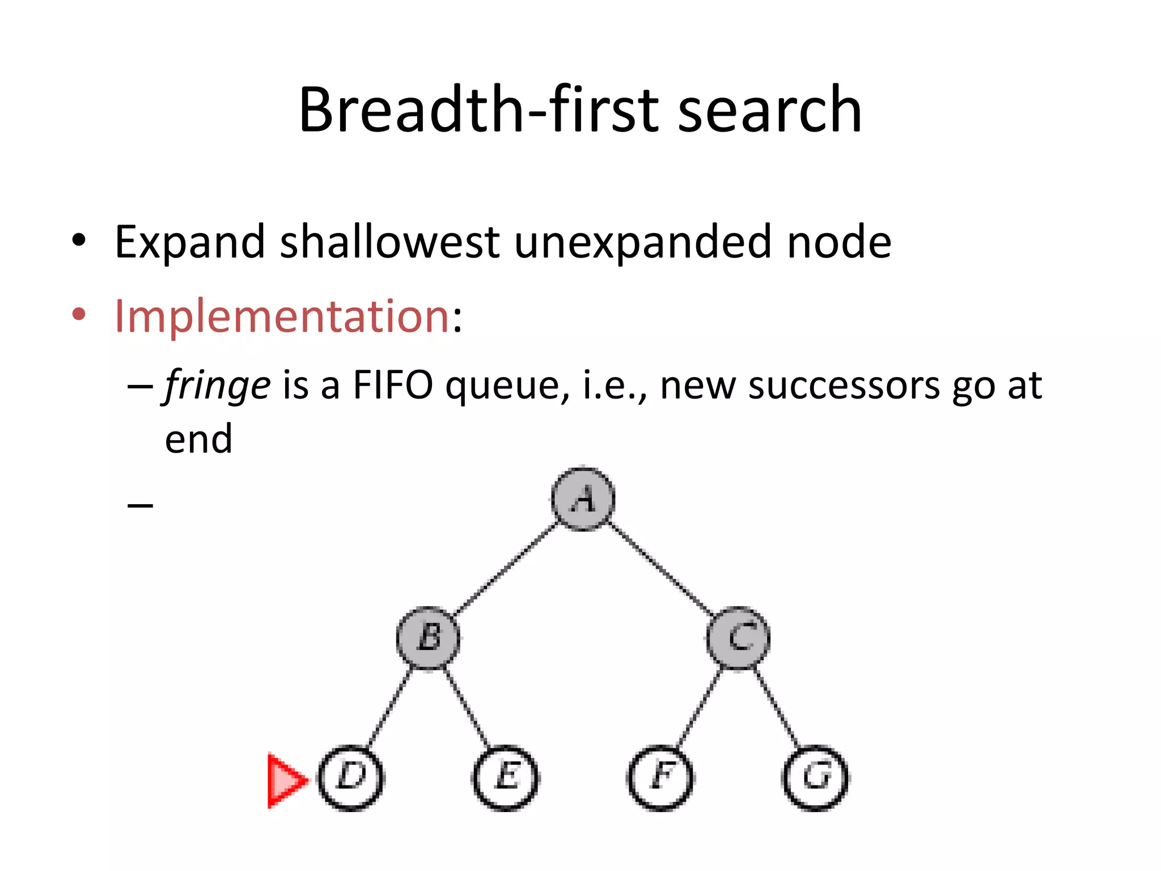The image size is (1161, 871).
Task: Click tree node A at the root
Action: pos(583,499)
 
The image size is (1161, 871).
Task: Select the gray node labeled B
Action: pos(428,638)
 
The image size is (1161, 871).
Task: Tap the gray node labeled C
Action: pos(739,638)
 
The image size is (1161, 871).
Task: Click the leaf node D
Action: pos(351,777)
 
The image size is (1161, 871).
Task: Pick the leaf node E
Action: pos(506,777)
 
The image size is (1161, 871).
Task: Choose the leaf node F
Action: pos(660,777)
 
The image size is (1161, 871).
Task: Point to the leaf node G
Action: pos(815,777)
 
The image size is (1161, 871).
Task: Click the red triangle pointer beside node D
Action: pos(285,780)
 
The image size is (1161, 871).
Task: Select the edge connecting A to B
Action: pos(506,569)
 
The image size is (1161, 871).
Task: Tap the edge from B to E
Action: pos(467,708)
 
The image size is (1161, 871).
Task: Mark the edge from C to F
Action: pos(700,708)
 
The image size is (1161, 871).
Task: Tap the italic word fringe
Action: pos(218,386)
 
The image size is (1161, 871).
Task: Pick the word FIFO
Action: pos(392,386)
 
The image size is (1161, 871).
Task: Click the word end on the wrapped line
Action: pos(198,439)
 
